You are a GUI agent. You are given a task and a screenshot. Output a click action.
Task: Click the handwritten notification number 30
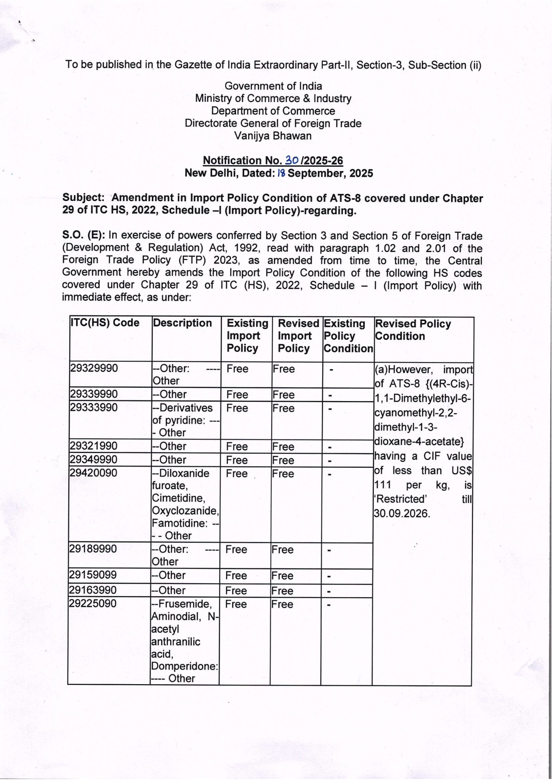tap(292, 160)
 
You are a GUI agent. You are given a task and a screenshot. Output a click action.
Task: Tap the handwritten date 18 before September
tap(281, 173)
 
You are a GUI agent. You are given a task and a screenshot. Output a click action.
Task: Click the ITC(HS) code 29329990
tap(94, 368)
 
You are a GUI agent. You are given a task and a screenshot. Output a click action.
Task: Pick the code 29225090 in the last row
tap(93, 603)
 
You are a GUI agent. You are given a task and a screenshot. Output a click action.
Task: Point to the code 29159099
tap(93, 575)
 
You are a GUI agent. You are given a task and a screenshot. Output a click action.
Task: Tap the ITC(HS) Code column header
tap(105, 323)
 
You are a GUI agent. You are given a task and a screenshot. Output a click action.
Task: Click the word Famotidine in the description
tap(179, 523)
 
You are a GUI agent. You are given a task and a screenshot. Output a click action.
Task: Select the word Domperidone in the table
tap(184, 666)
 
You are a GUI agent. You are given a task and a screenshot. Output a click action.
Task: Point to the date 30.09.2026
tap(402, 513)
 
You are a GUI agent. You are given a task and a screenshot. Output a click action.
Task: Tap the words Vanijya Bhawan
tap(273, 136)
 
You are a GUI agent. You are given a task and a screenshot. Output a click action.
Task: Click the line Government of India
tap(273, 86)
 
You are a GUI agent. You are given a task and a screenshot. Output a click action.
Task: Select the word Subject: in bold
tap(84, 198)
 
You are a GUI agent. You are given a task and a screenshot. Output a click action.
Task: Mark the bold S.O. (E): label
tap(84, 235)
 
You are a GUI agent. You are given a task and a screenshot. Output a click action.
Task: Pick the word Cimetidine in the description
tap(178, 498)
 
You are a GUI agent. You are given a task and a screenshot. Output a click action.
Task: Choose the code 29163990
tap(93, 590)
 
